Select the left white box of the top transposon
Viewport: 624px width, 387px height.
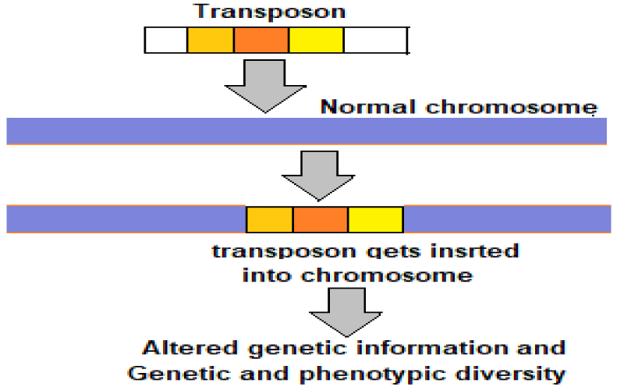166,40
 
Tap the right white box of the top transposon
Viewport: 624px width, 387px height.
375,40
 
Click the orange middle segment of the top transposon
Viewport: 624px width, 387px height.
261,40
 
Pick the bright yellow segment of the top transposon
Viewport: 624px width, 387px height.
316,40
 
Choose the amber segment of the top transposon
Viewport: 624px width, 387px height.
211,40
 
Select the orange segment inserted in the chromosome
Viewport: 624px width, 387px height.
321,219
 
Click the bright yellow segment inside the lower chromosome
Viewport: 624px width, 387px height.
375,219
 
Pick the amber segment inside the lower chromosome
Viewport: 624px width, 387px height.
270,219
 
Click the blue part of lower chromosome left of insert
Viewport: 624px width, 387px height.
125,219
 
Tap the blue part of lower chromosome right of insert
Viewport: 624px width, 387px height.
507,219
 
